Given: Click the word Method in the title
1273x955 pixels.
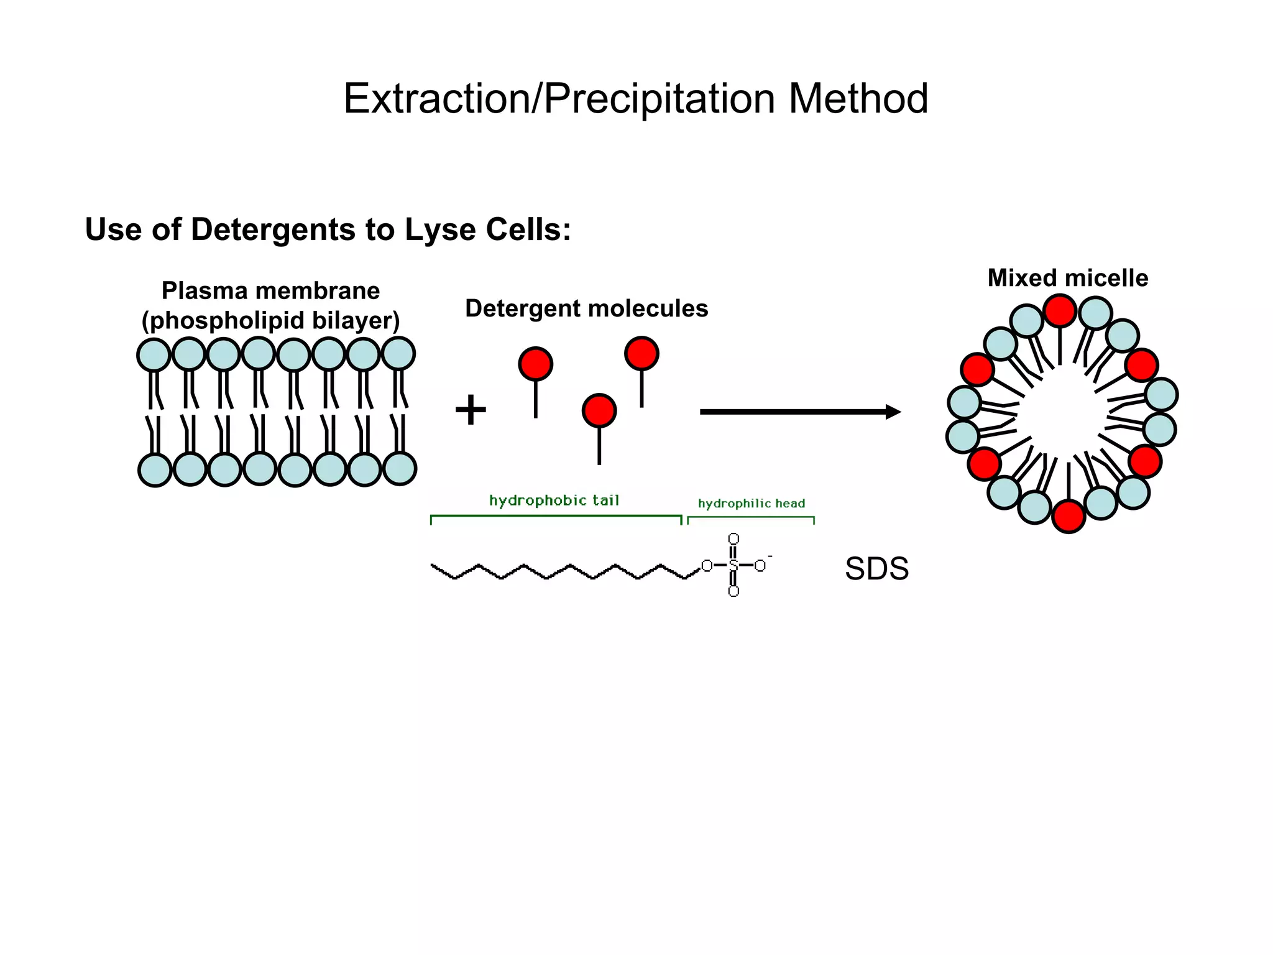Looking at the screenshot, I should coord(858,99).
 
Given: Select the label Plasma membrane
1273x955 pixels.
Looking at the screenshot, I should coord(270,290).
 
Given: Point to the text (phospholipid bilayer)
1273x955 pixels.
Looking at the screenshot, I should coord(270,321).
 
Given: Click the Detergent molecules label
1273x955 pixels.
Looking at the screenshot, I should coord(586,308).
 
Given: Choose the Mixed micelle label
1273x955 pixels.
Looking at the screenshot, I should coord(1067,278).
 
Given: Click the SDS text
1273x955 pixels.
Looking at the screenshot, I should coord(876,569).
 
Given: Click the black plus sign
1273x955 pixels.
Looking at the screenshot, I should coord(471,410).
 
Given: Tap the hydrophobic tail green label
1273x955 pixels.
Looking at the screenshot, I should coord(554,501).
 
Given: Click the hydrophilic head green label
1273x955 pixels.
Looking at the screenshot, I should coord(751,504).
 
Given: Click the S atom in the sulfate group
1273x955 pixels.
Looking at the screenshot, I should coord(733,566).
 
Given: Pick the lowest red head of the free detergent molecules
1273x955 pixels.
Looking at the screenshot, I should coord(599,410).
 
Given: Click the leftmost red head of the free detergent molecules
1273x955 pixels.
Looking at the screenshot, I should coord(535,364).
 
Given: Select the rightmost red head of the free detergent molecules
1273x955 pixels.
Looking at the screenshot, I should coord(641,353).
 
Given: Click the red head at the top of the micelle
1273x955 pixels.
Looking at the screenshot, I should coord(1060,311).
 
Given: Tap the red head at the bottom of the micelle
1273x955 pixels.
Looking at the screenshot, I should coord(1068,516).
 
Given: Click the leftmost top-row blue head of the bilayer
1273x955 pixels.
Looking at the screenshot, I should coord(154,355).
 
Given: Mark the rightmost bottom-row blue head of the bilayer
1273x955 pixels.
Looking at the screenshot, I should coord(399,468).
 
